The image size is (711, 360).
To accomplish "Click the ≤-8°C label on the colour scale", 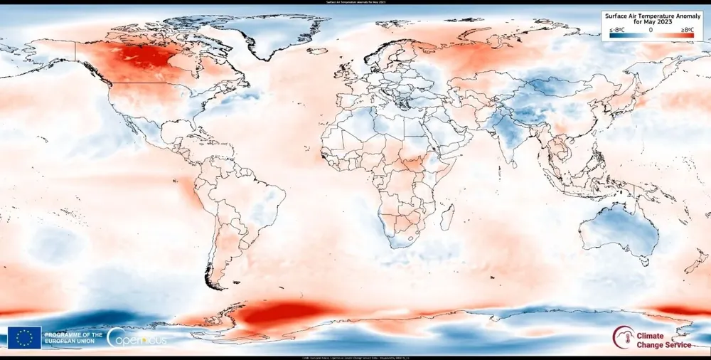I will pos(617,29).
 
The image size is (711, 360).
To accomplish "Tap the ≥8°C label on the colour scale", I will pos(687,29).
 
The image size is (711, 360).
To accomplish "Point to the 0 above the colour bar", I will pos(651,29).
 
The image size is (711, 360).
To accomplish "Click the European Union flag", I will pos(24,337).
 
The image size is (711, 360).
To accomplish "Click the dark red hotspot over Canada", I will pos(146,57).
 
